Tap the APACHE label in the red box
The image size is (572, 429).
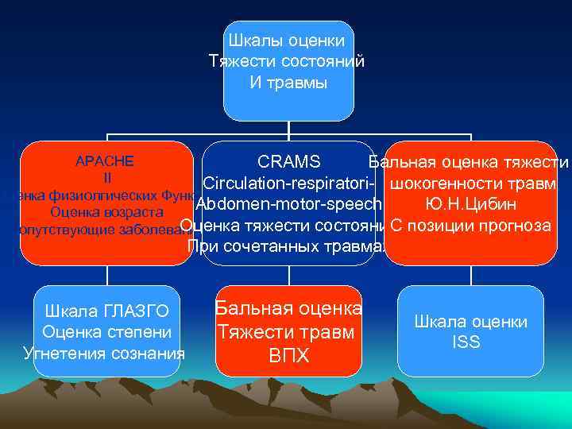pyautogui.click(x=104, y=161)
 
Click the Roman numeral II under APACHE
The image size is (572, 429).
pyautogui.click(x=106, y=177)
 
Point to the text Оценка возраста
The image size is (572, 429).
pyautogui.click(x=106, y=212)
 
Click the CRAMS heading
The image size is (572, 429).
pyautogui.click(x=289, y=163)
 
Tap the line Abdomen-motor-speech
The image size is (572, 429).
pyautogui.click(x=288, y=204)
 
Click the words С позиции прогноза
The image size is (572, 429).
pyautogui.click(x=471, y=225)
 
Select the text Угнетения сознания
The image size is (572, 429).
pyautogui.click(x=104, y=352)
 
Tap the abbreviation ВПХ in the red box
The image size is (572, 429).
pyautogui.click(x=288, y=355)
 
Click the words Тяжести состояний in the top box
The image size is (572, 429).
pyautogui.click(x=287, y=61)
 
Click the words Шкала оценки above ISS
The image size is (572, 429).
pyautogui.click(x=470, y=322)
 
